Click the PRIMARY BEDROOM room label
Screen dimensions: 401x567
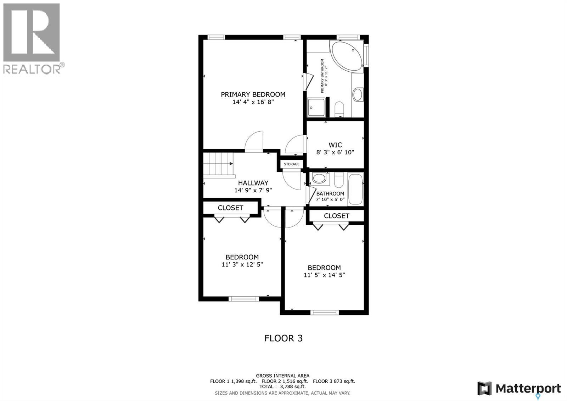click(253, 94)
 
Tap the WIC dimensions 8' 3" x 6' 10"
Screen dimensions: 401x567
click(335, 152)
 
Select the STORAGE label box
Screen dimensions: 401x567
click(292, 164)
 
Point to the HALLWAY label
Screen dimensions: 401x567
click(253, 183)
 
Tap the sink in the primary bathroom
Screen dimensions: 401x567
click(358, 95)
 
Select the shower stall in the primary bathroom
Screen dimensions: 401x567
click(316, 107)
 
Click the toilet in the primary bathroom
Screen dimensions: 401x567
click(339, 108)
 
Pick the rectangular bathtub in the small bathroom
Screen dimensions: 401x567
click(355, 189)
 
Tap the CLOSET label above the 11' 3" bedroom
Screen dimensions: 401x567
click(230, 208)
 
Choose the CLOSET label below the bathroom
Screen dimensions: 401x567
click(337, 216)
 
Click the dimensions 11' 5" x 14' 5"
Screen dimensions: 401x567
click(324, 275)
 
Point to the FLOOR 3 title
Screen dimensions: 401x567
click(283, 338)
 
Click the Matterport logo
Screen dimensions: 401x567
click(519, 388)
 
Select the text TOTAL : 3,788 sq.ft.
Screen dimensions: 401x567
click(282, 386)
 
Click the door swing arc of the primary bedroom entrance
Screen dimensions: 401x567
click(254, 141)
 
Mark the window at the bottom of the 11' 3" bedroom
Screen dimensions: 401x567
click(244, 299)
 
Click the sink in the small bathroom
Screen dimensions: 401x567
click(319, 178)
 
